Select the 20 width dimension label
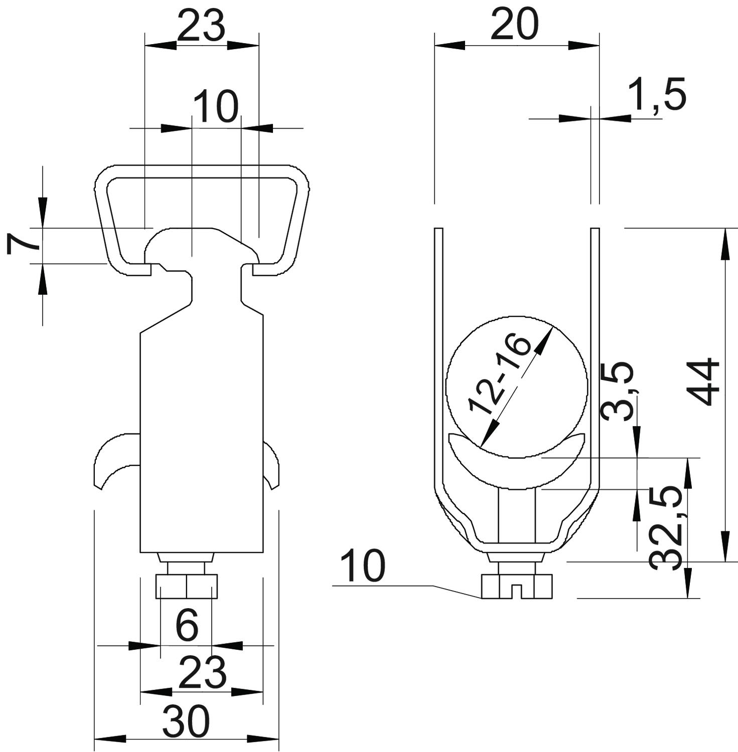click(514, 25)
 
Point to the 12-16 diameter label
click(500, 374)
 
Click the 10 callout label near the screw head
click(363, 566)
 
